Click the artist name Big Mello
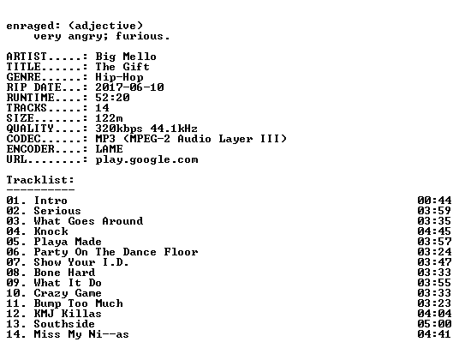(x=126, y=57)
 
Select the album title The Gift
(x=122, y=67)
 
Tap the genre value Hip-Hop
(x=119, y=77)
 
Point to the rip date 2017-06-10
(x=129, y=87)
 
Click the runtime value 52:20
(x=112, y=98)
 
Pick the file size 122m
(x=109, y=118)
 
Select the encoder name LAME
(x=109, y=149)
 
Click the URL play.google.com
(x=146, y=160)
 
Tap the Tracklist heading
(x=40, y=180)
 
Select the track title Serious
(x=57, y=211)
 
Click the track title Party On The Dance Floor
(x=116, y=252)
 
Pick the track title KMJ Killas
(x=68, y=314)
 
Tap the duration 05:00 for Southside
(x=434, y=324)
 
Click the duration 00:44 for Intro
(x=434, y=201)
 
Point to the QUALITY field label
(x=30, y=129)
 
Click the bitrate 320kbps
(x=119, y=129)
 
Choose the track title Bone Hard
(x=64, y=273)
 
